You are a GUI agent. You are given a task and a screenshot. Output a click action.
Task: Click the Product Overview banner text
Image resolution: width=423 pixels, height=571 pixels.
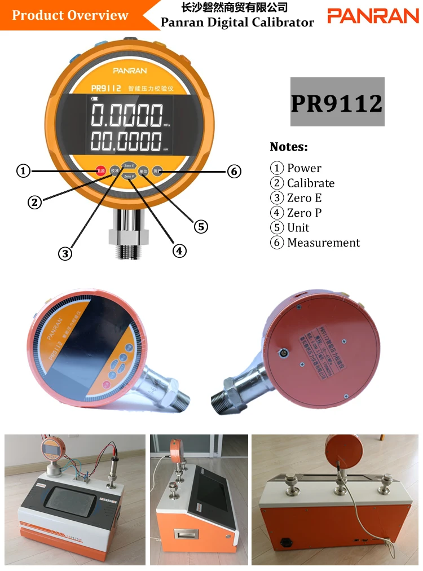point(70,15)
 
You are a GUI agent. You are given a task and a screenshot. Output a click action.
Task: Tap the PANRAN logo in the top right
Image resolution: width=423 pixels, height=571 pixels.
point(373,16)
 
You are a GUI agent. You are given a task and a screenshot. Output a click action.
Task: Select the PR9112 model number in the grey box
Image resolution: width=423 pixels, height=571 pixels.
point(337,103)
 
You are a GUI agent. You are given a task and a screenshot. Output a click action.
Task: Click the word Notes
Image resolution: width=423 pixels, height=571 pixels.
point(289,147)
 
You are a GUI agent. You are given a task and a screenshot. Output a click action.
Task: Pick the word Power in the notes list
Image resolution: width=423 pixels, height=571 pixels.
point(304,168)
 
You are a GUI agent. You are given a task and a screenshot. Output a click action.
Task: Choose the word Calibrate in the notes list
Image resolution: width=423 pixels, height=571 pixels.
point(311,183)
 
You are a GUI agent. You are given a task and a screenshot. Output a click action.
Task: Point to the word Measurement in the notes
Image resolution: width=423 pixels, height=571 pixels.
point(323,243)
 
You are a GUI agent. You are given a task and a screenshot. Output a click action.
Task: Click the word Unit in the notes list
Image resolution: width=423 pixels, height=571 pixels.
point(298,228)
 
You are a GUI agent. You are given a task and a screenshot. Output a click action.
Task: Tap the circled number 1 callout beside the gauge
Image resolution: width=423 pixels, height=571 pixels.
point(23,170)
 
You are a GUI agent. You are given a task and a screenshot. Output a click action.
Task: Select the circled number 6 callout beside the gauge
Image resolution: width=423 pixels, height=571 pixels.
point(235,171)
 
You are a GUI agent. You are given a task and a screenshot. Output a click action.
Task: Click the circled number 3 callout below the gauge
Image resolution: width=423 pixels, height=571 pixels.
point(66,253)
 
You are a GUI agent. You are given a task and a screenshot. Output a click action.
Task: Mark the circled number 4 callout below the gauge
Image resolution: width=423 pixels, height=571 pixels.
point(179,251)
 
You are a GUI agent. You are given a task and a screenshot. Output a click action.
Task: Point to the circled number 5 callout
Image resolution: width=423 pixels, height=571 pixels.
point(201,227)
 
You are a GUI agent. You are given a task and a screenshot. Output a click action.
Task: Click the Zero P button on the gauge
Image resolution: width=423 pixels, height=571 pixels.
point(129,177)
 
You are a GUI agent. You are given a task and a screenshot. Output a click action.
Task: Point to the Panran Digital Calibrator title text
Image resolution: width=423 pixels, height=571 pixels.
point(237,23)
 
